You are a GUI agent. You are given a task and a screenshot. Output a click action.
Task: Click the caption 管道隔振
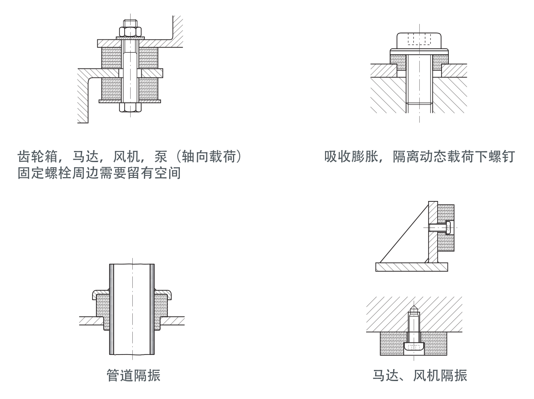(x=133, y=376)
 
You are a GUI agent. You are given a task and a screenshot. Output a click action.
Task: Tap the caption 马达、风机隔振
(x=420, y=376)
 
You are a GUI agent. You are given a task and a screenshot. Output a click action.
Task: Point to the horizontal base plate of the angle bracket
(x=412, y=267)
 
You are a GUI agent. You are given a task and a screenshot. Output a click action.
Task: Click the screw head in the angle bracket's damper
(x=448, y=228)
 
